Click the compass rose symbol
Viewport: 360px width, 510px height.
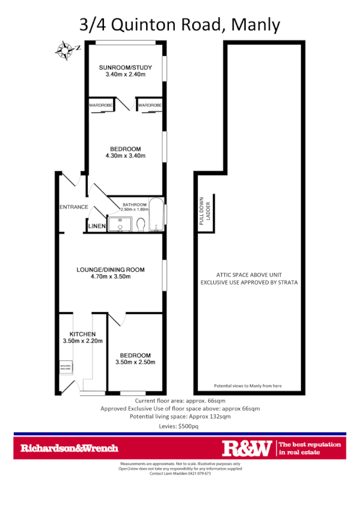tap(64, 50)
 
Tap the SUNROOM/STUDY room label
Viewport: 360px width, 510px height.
tap(126, 67)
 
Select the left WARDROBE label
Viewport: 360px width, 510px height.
tap(101, 105)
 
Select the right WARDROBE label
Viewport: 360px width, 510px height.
tap(149, 105)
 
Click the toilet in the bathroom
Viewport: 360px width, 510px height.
tap(141, 224)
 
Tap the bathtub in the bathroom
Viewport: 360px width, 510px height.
tap(155, 215)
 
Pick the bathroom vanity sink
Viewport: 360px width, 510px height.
tap(119, 225)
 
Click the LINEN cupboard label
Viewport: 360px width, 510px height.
tap(97, 226)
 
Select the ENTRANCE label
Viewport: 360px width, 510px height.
tap(74, 207)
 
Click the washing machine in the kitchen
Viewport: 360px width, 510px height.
tap(65, 367)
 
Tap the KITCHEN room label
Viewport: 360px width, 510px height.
tap(82, 334)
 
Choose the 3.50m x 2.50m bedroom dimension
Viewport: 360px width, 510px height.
tap(135, 362)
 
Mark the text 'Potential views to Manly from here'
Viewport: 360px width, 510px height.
tap(248, 386)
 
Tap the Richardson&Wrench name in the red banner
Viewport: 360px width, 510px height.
tap(70, 448)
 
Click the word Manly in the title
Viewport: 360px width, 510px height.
tap(255, 25)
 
